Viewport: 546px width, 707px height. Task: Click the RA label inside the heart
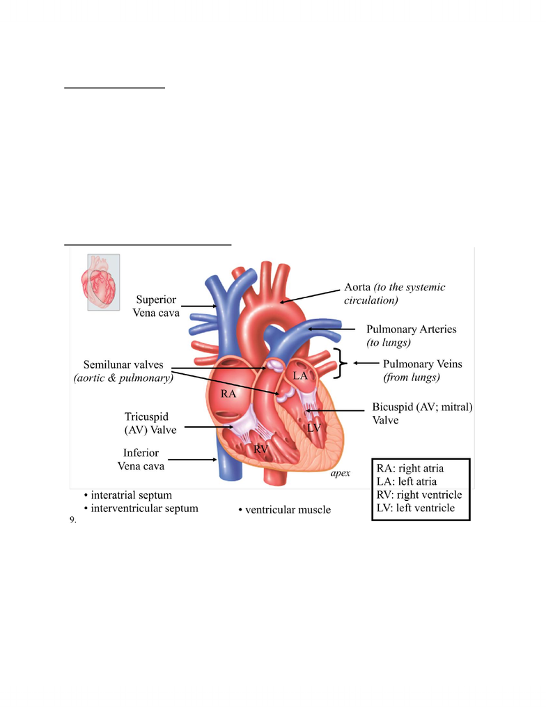[x=228, y=394]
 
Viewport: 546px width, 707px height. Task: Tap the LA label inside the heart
[x=300, y=375]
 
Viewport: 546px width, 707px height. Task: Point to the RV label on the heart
[x=261, y=449]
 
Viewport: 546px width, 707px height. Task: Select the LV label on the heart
[x=314, y=428]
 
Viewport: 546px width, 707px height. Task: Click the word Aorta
[x=357, y=287]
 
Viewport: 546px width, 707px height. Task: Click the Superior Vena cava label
[x=156, y=306]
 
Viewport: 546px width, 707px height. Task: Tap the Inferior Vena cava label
[x=141, y=460]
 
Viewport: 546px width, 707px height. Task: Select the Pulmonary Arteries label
[x=411, y=336]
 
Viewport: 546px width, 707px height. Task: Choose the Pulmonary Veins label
[x=423, y=370]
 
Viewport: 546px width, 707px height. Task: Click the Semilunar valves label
[x=123, y=371]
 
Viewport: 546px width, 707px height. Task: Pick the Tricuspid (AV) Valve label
[x=150, y=423]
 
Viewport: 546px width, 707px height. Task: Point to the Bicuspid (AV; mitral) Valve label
[x=422, y=413]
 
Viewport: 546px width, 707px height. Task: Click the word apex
[x=341, y=473]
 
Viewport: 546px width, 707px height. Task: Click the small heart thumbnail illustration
[x=103, y=282]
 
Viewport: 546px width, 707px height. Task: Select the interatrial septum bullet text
[x=128, y=495]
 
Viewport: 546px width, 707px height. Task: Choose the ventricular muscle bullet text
[x=285, y=509]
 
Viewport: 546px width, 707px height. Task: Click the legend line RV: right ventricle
[x=419, y=495]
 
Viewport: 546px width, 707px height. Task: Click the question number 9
[x=72, y=520]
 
